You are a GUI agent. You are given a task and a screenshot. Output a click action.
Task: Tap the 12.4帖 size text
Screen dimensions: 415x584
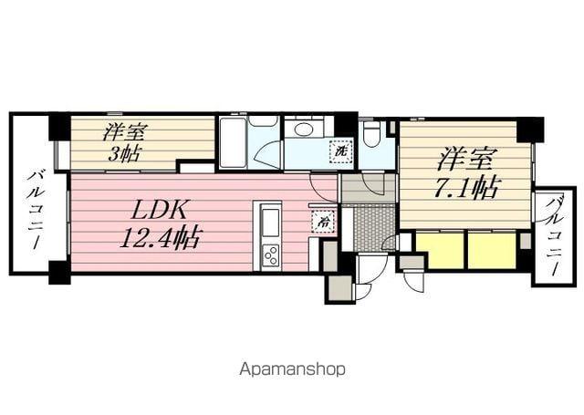point(161,239)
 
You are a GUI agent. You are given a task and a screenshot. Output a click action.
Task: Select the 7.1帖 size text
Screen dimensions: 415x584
point(465,189)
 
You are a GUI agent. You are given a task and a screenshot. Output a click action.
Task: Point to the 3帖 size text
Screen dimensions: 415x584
point(124,153)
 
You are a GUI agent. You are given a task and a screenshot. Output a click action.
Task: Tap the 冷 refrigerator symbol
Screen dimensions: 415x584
point(323,220)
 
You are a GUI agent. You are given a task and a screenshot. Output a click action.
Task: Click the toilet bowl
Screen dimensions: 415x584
point(370,135)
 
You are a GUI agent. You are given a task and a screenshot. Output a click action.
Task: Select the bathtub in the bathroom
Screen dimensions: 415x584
point(233,142)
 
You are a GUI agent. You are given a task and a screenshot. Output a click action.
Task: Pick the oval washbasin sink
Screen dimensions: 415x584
point(303,129)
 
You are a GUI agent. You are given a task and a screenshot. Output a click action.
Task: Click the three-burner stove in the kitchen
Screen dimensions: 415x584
point(270,254)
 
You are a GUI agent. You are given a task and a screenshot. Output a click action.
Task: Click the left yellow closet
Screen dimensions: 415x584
point(439,250)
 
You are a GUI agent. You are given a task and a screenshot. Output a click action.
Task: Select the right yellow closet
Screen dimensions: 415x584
point(492,250)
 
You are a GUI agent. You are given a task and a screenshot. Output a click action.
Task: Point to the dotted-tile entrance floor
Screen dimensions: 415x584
point(373,227)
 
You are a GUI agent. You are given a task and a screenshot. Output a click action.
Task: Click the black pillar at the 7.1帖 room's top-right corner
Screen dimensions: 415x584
point(529,128)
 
